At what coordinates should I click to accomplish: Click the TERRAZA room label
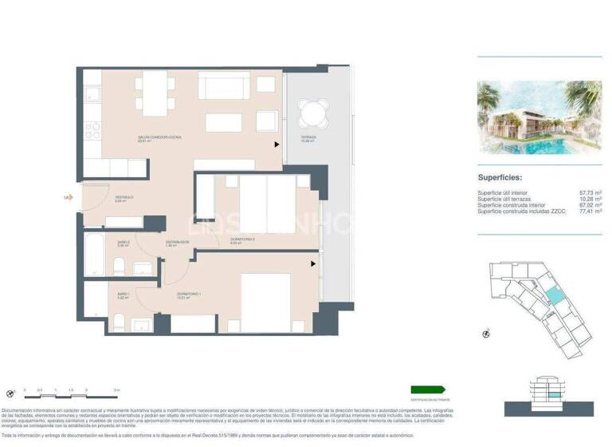pos(308,136)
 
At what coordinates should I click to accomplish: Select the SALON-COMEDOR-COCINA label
pos(159,138)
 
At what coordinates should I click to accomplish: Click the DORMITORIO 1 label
pos(188,294)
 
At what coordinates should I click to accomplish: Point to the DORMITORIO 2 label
pos(242,240)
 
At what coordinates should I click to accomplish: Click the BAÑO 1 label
pos(124,295)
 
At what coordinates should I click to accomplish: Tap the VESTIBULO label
pos(124,197)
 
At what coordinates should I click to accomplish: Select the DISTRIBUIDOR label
pos(176,242)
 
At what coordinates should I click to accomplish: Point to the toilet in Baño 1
pos(117,322)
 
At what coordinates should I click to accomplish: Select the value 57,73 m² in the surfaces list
pos(590,193)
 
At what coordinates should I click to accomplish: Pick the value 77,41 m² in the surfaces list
pos(590,212)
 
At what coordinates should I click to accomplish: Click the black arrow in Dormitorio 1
pos(314,263)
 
